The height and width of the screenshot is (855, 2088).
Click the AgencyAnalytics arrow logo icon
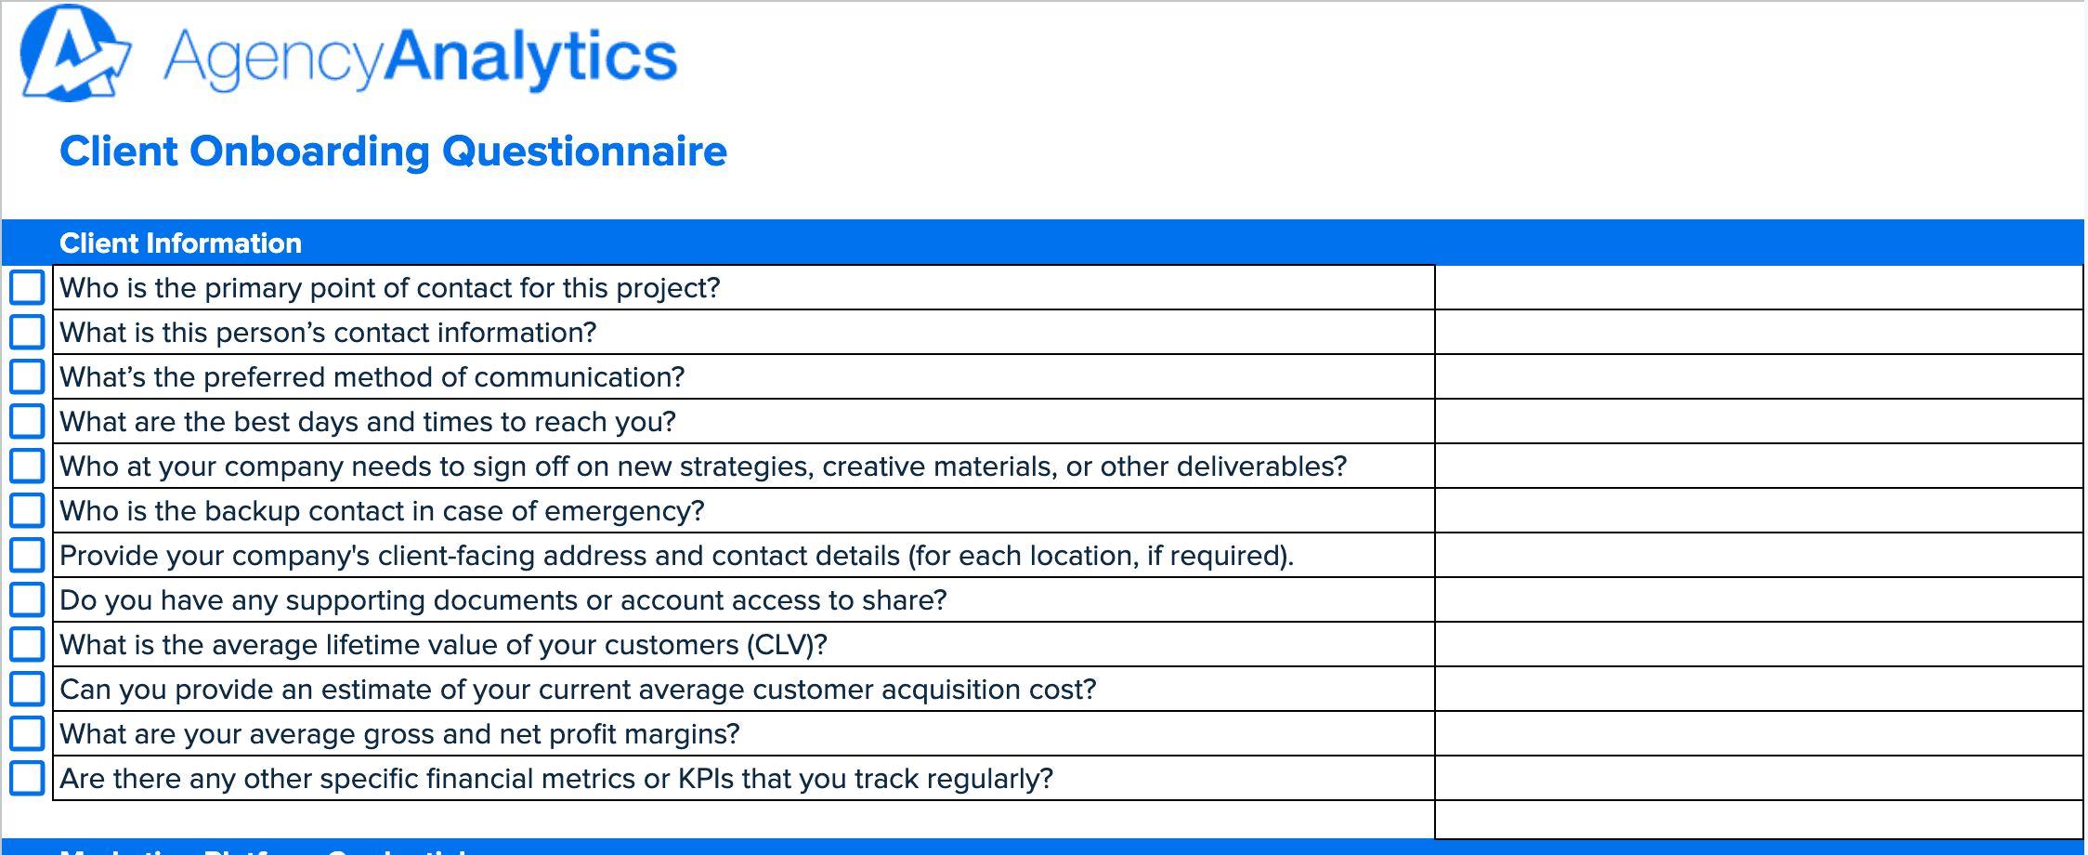pyautogui.click(x=72, y=54)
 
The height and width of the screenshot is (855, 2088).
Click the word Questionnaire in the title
pyautogui.click(x=584, y=151)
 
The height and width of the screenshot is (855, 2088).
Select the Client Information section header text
pyautogui.click(x=180, y=243)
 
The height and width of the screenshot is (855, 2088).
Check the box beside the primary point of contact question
pyautogui.click(x=27, y=287)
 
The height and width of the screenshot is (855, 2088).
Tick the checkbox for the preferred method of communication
pyautogui.click(x=27, y=376)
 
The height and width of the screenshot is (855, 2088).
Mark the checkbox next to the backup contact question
pyautogui.click(x=27, y=510)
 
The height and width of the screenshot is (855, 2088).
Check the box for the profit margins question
pyautogui.click(x=27, y=733)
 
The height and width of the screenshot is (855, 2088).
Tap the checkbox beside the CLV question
pyautogui.click(x=27, y=644)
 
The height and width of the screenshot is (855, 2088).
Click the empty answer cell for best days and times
pyautogui.click(x=1757, y=422)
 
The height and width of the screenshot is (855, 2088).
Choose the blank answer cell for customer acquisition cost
pyautogui.click(x=1757, y=690)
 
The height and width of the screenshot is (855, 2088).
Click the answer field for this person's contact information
pyautogui.click(x=1757, y=333)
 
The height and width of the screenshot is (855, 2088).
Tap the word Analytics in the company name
pyautogui.click(x=530, y=58)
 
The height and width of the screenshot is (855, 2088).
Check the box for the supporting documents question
pyautogui.click(x=27, y=599)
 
